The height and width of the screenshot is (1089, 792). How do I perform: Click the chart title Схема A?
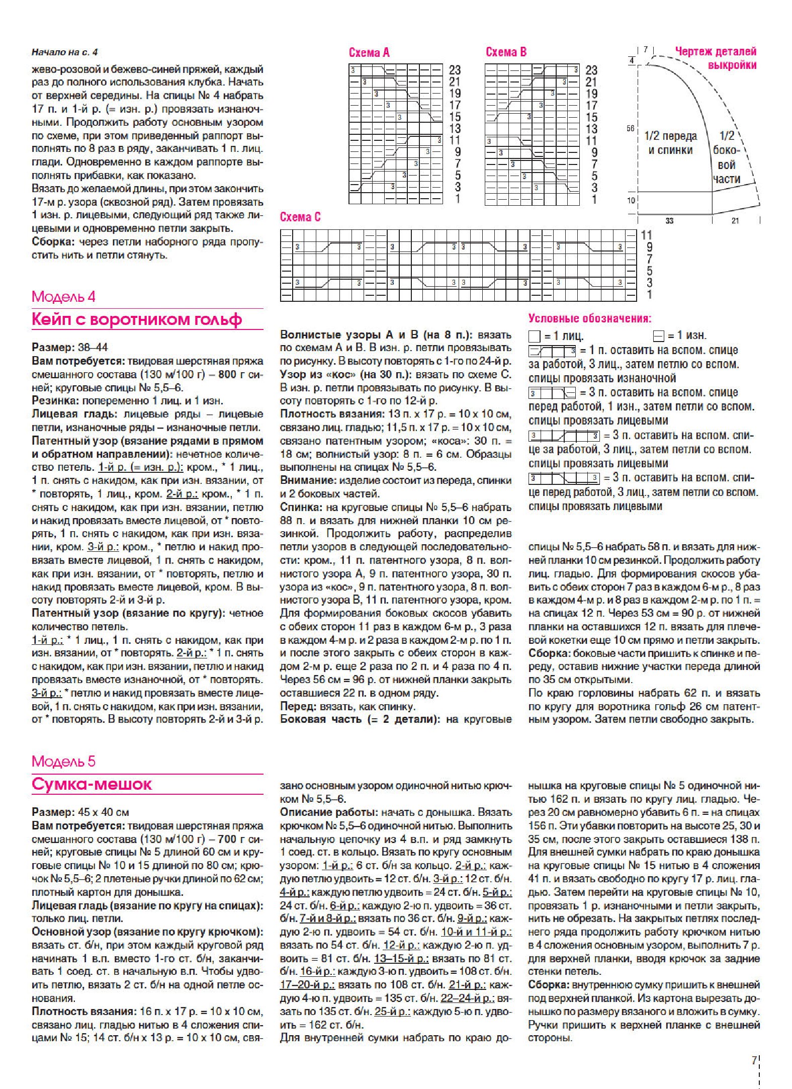[369, 53]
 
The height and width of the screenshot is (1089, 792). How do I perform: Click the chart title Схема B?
[506, 52]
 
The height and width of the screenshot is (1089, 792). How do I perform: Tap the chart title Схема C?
[300, 217]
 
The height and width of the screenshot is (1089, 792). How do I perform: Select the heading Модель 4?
[63, 296]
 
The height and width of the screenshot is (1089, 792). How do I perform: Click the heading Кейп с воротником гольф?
[137, 319]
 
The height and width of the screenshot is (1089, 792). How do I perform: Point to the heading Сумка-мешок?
[92, 784]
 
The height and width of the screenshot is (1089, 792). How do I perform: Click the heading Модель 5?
[63, 761]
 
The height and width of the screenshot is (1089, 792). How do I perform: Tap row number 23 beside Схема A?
[455, 70]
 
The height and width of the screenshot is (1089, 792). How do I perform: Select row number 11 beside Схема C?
[646, 235]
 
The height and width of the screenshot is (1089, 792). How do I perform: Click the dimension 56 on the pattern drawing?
[631, 129]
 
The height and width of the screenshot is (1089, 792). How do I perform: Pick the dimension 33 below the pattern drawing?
[669, 221]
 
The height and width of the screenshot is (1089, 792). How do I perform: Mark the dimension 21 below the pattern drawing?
[735, 221]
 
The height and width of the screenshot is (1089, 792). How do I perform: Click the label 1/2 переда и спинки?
[670, 143]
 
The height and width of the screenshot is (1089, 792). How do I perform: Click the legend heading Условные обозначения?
[589, 318]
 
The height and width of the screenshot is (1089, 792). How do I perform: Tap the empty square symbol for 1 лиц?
[534, 336]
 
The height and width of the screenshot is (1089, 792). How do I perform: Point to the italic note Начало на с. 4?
[64, 52]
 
